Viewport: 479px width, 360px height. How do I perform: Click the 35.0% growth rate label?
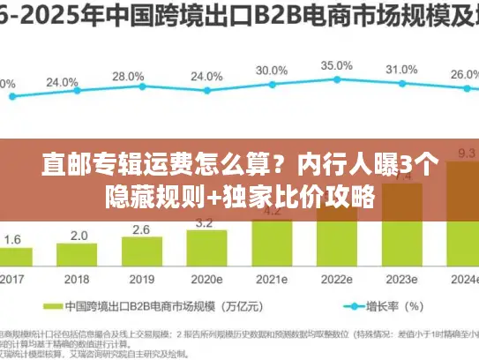[336, 65]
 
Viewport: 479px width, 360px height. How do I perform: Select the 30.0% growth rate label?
[271, 71]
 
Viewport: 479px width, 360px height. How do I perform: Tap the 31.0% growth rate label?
[401, 69]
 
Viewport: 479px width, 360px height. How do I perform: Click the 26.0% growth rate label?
[465, 75]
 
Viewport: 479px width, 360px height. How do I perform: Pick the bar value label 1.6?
[13, 239]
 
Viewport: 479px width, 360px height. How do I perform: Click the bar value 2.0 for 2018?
[79, 235]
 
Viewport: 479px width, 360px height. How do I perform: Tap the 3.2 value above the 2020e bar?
[206, 223]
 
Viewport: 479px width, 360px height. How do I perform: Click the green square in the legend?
[52, 307]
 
